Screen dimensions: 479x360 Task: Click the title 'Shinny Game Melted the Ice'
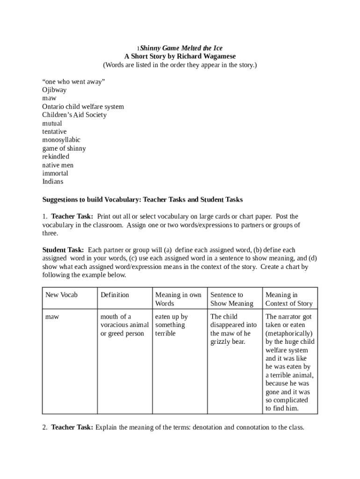click(181, 48)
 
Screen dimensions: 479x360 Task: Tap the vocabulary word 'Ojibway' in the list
click(54, 90)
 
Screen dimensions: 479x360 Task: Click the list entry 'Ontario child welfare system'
click(83, 107)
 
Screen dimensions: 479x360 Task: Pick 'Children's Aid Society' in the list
click(74, 115)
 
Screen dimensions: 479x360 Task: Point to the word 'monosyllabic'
click(61, 140)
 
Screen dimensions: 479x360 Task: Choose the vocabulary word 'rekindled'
click(56, 157)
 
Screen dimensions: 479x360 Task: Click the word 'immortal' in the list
click(55, 174)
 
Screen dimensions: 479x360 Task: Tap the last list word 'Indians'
click(52, 181)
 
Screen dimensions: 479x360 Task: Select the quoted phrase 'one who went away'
click(73, 81)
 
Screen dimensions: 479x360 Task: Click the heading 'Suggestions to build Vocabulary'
click(91, 200)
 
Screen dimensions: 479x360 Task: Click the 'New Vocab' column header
click(61, 295)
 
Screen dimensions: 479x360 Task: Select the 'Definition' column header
click(115, 295)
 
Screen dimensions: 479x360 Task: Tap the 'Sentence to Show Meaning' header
click(232, 299)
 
